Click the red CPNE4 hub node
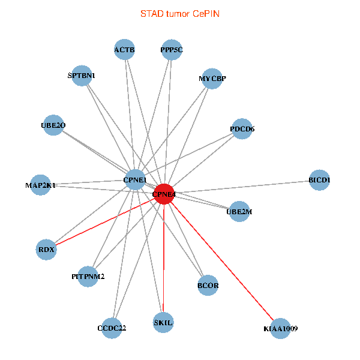164,194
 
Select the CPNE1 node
134,179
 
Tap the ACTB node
125,50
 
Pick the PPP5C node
172,50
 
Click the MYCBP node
212,79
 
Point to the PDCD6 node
242,129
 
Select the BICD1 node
319,180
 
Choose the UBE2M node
239,211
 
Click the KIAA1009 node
280,328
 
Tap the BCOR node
208,286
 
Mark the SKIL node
163,322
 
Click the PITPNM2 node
88,277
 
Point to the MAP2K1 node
41,185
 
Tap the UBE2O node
53,125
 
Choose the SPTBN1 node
82,76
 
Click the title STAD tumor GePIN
180,13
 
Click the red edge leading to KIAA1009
222,262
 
